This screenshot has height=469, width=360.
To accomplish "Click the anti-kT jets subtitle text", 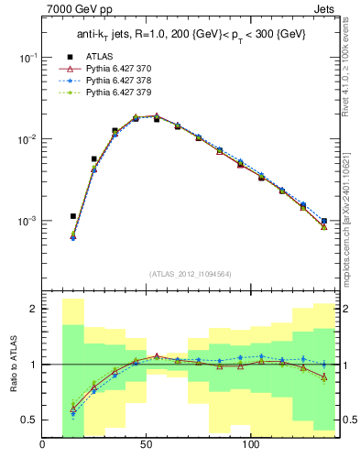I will pyautogui.click(x=190, y=36).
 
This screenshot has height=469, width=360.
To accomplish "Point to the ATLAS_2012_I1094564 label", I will pyautogui.click(x=190, y=274).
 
